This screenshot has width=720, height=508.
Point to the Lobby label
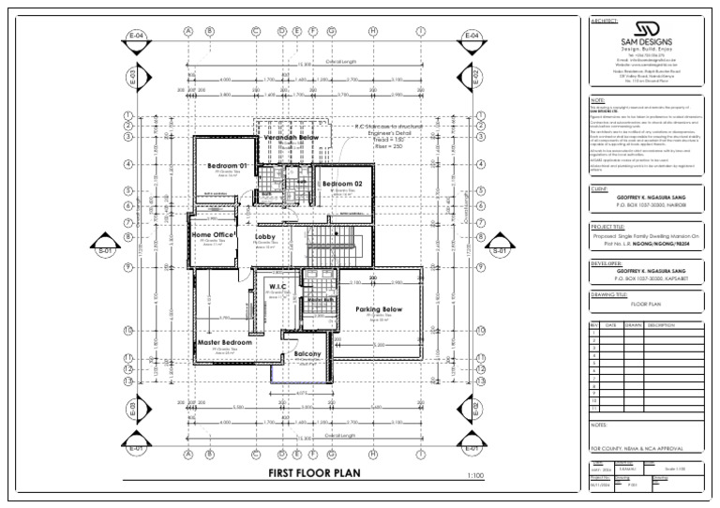pos(265,238)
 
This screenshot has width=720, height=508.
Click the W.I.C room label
pos(277,286)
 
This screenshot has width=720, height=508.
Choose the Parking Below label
pos(378,309)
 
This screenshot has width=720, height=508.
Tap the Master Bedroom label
pos(225,343)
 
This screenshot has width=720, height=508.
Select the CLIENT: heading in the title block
pos(600,188)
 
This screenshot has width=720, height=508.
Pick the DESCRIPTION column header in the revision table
pos(661,325)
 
